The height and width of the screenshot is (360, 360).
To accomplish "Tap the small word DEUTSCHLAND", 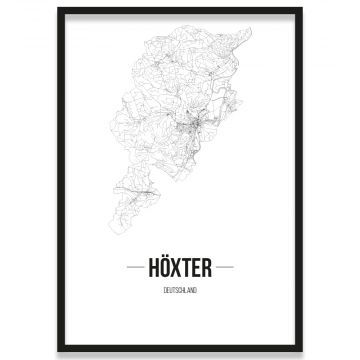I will pyautogui.click(x=180, y=291).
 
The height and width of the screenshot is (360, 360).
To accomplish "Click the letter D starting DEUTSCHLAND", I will pyautogui.click(x=164, y=291).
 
